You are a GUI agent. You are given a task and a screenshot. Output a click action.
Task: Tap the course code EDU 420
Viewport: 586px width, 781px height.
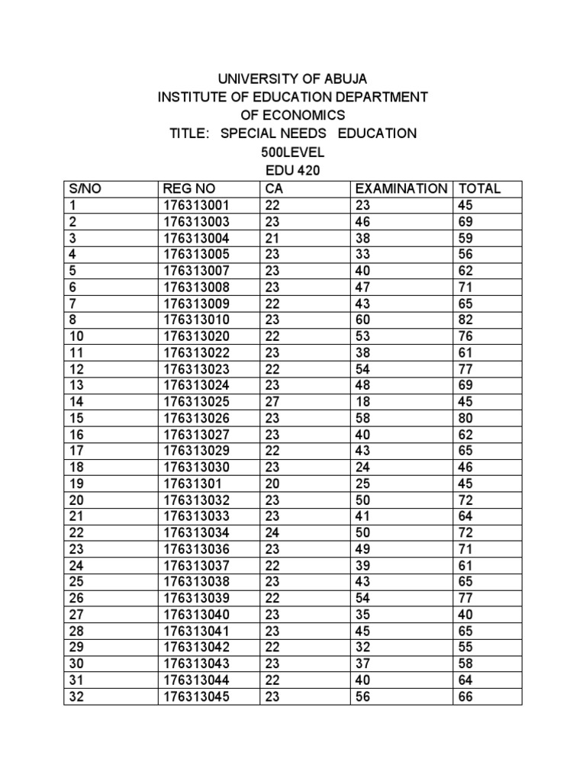tap(293, 170)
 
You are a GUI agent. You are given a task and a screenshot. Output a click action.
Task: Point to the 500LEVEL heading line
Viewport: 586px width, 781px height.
tap(293, 152)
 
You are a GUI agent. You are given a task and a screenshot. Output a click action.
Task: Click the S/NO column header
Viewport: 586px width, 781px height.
tap(85, 188)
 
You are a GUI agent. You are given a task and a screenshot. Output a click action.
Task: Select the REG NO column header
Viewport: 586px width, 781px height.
tap(189, 188)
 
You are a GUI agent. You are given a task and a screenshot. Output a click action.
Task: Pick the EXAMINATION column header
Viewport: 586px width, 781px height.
tap(401, 188)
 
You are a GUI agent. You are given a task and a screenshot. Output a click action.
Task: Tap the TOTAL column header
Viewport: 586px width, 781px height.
tap(478, 188)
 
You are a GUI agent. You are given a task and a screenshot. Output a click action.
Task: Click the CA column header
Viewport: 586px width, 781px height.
tap(274, 188)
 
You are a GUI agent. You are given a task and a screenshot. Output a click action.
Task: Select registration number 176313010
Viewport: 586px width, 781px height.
tap(195, 320)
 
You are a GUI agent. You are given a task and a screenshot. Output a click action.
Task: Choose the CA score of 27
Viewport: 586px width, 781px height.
tap(272, 401)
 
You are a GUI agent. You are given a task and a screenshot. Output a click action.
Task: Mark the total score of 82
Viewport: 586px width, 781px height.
tap(465, 320)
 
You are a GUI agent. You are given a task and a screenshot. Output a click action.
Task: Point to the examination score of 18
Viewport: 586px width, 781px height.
tap(362, 401)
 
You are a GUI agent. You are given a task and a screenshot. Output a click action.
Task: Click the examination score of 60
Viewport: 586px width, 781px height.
tap(363, 320)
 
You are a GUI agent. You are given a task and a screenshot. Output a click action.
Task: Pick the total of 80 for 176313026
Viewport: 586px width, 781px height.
tap(465, 418)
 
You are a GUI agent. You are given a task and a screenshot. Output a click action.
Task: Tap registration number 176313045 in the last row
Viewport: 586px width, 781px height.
tap(195, 696)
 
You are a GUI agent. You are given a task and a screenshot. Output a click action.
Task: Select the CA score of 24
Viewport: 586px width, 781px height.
tap(272, 532)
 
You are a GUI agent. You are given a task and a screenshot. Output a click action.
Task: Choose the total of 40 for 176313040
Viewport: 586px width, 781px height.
tap(465, 615)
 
